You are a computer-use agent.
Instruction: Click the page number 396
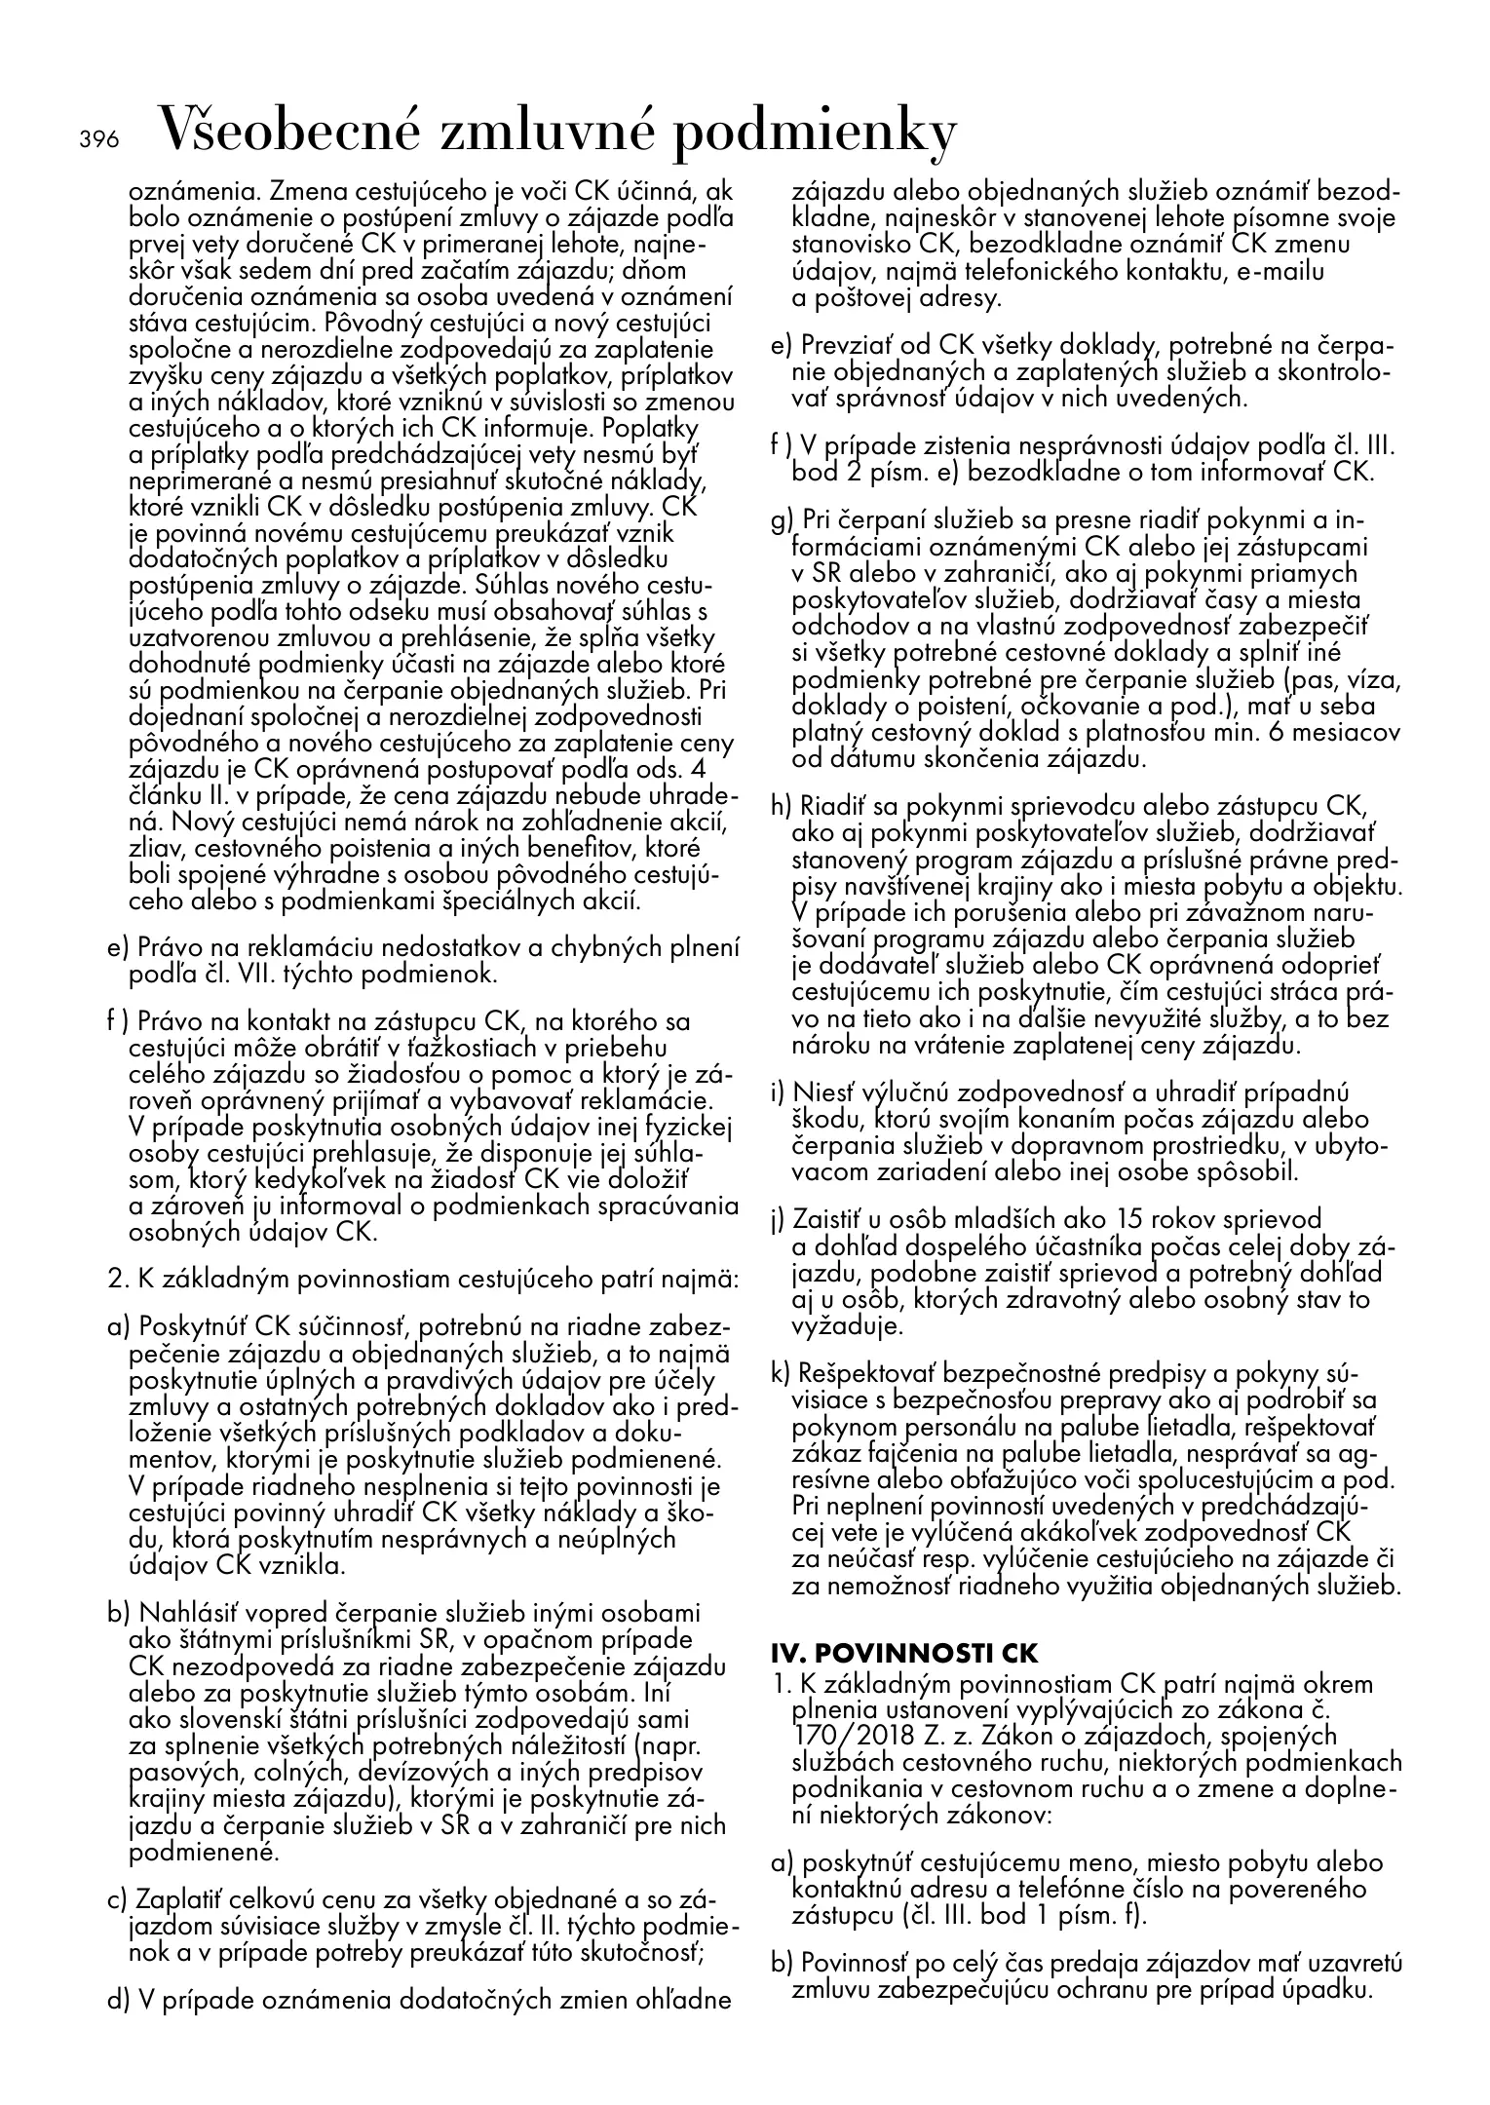point(98,139)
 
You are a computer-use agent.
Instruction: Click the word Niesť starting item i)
point(821,1093)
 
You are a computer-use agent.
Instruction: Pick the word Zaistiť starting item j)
point(826,1219)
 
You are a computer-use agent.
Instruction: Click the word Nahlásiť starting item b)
point(184,1613)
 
